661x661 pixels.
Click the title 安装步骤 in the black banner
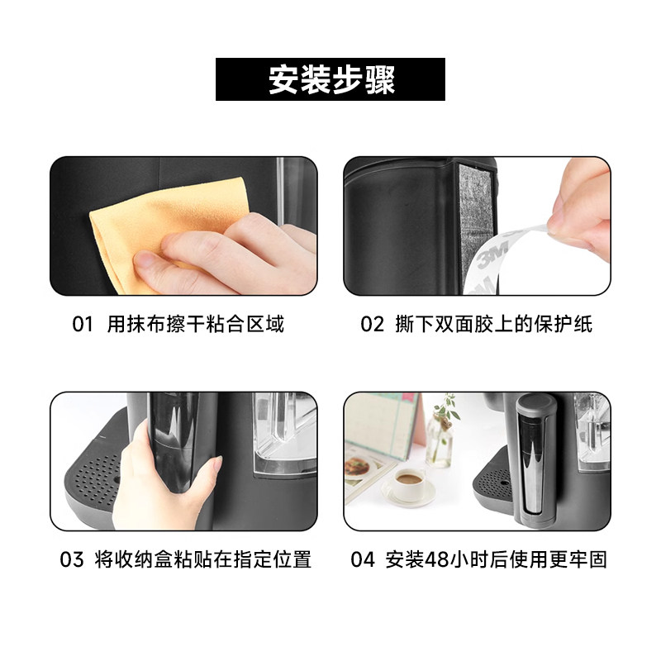click(331, 79)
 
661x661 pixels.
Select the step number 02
click(373, 325)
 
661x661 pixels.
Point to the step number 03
click(72, 560)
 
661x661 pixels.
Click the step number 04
click(363, 560)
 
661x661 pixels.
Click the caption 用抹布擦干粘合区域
click(196, 324)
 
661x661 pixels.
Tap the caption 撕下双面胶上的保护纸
click(493, 324)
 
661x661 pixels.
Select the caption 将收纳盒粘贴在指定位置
click(203, 559)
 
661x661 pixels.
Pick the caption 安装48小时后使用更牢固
click(497, 559)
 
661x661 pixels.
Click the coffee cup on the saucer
click(409, 483)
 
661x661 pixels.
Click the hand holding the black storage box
click(167, 477)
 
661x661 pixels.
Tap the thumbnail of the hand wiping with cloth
click(183, 226)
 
